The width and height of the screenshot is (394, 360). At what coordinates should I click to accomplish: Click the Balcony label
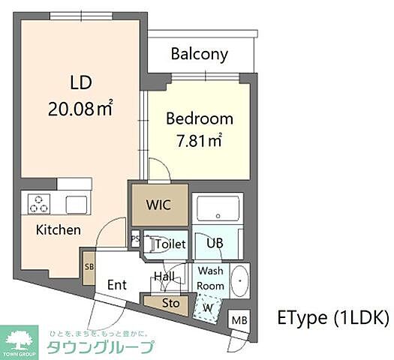pyautogui.click(x=199, y=54)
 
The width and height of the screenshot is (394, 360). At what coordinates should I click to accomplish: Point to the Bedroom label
pyautogui.click(x=200, y=118)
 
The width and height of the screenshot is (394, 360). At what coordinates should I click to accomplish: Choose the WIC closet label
pyautogui.click(x=160, y=204)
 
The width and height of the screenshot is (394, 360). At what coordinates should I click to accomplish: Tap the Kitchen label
pyautogui.click(x=59, y=230)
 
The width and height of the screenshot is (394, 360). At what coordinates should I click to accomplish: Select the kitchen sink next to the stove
pyautogui.click(x=77, y=204)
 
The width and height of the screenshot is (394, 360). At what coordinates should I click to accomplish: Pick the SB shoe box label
pyautogui.click(x=89, y=266)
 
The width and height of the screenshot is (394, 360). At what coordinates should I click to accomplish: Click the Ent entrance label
pyautogui.click(x=116, y=284)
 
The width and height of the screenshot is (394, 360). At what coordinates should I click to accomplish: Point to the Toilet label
pyautogui.click(x=170, y=243)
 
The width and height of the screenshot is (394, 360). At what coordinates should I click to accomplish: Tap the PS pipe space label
pyautogui.click(x=135, y=240)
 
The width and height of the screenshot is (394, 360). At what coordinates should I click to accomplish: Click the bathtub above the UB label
pyautogui.click(x=217, y=207)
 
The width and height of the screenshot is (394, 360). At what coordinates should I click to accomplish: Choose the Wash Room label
pyautogui.click(x=210, y=278)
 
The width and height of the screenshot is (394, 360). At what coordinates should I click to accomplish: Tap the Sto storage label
pyautogui.click(x=171, y=304)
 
